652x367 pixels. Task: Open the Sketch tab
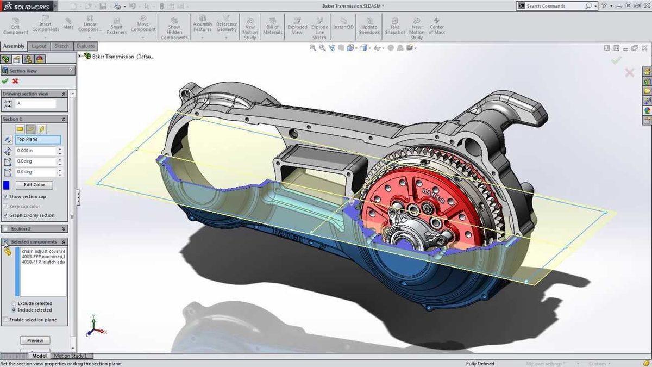coord(61,46)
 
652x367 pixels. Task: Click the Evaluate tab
coord(85,46)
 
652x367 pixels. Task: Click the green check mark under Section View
coord(5,81)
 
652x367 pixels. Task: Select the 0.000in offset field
coord(36,151)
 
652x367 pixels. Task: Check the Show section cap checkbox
coord(5,196)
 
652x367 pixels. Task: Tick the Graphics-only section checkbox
coord(5,215)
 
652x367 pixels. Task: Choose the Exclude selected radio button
coord(14,303)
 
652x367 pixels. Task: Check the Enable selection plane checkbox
coord(5,320)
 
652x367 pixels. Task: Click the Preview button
coord(35,340)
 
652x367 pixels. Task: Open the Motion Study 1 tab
coord(70,356)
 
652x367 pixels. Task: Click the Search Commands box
coord(554,6)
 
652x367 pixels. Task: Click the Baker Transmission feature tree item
coord(114,56)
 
